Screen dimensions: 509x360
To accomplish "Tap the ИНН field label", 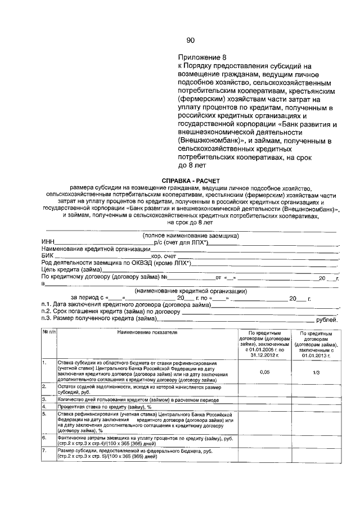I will [48, 242].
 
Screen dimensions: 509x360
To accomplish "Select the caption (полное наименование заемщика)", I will [191, 235].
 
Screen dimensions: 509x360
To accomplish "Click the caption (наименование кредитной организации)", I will [191, 291].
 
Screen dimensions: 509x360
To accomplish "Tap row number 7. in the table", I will [44, 451].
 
